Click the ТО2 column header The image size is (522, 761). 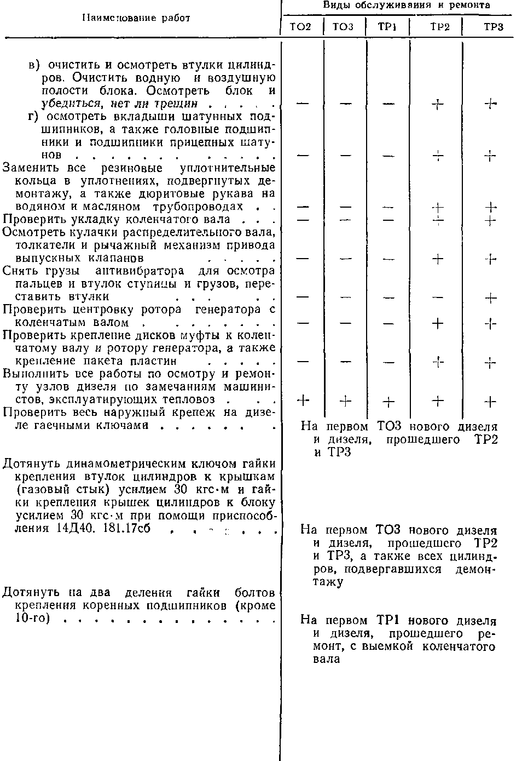click(300, 27)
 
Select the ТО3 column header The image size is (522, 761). click(343, 27)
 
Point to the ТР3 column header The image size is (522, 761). click(493, 27)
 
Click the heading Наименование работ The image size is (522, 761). click(136, 18)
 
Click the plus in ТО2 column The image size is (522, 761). click(303, 400)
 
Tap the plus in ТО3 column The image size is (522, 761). click(345, 402)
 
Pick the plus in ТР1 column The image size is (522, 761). click(388, 402)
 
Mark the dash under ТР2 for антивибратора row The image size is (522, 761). click(438, 297)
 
